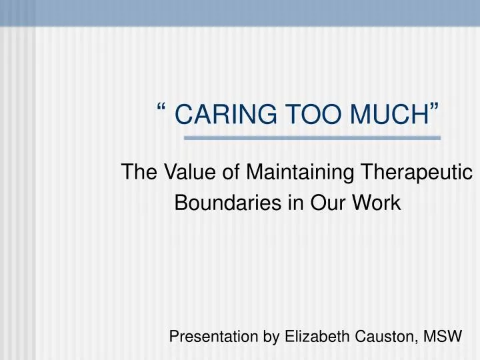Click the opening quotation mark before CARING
163,109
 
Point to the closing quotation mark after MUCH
435,109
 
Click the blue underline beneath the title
312,138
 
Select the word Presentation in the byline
213,337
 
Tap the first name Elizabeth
313,337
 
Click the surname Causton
383,337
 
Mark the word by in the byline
270,337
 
